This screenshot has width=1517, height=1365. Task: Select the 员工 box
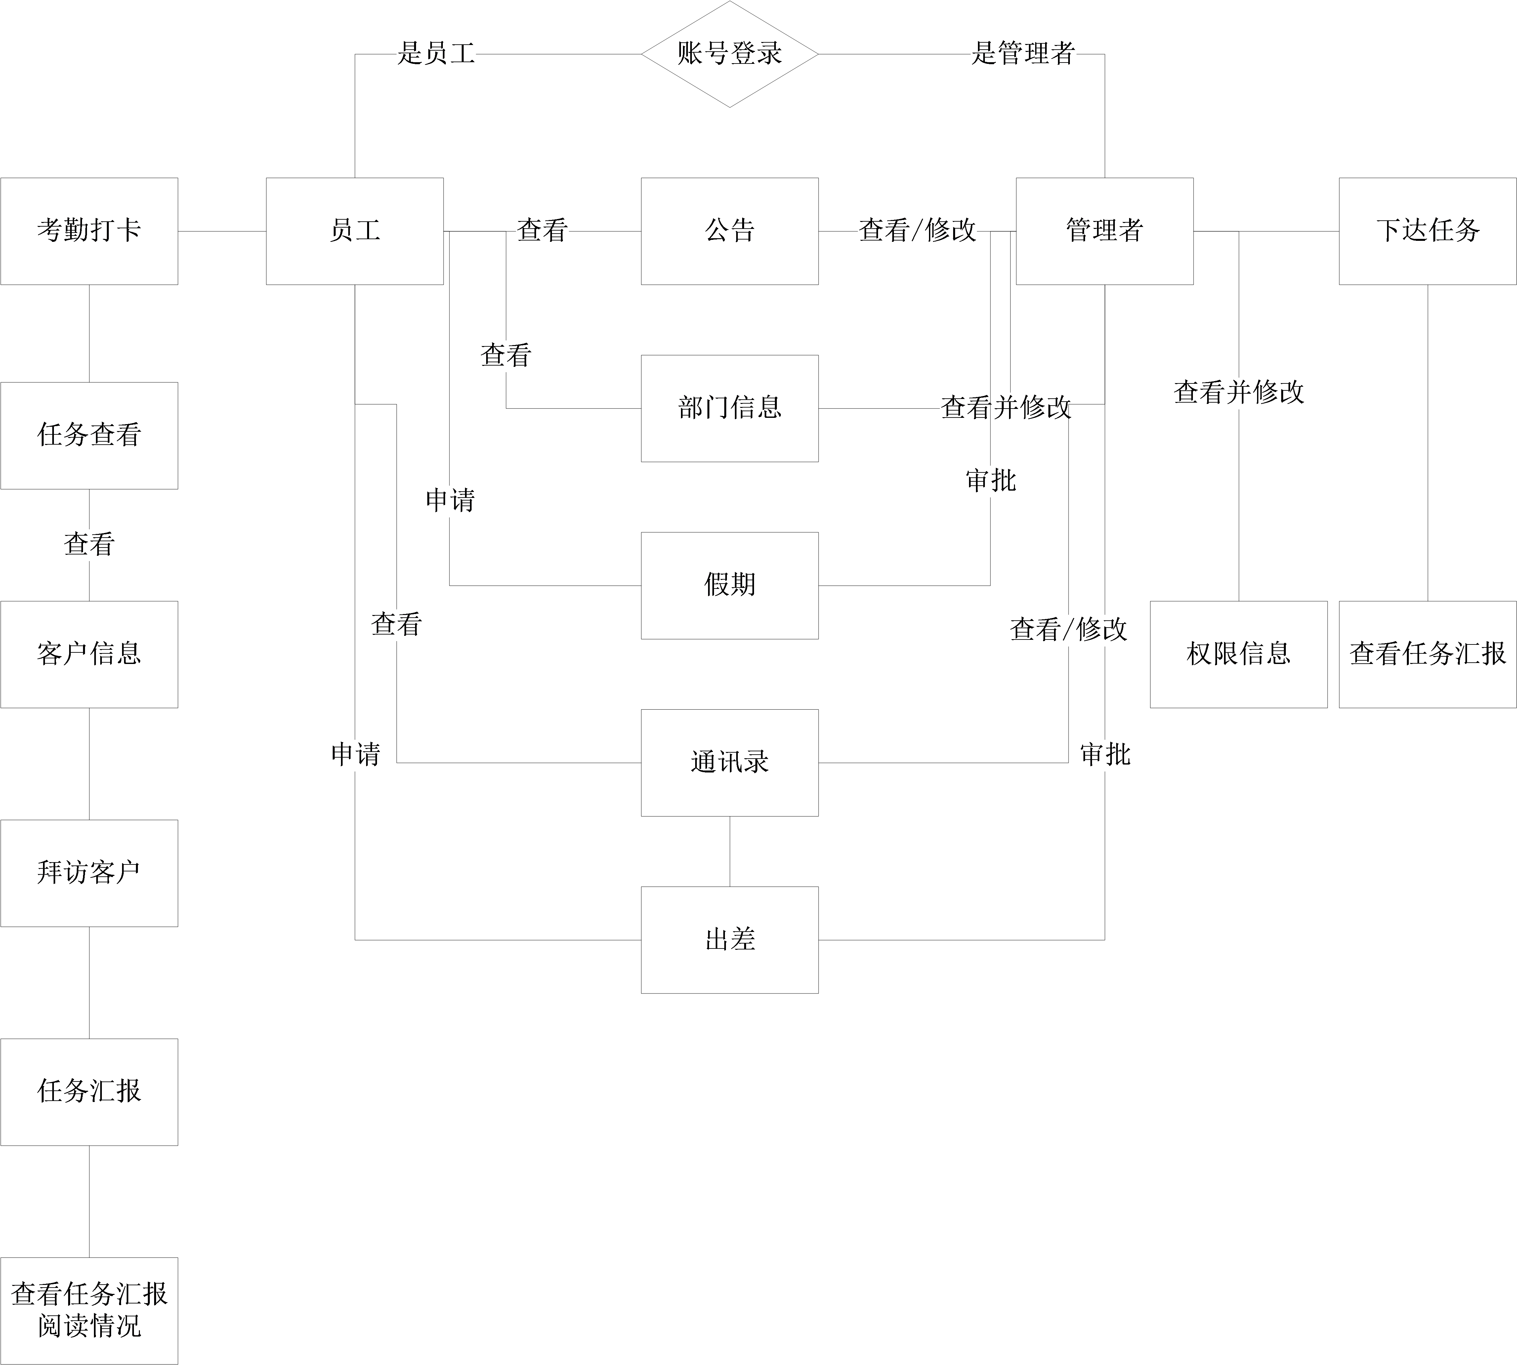[355, 231]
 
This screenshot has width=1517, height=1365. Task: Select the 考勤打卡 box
[89, 231]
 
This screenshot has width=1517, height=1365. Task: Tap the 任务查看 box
[89, 435]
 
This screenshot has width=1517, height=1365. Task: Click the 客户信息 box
[89, 654]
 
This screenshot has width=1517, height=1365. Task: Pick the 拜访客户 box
[89, 873]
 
